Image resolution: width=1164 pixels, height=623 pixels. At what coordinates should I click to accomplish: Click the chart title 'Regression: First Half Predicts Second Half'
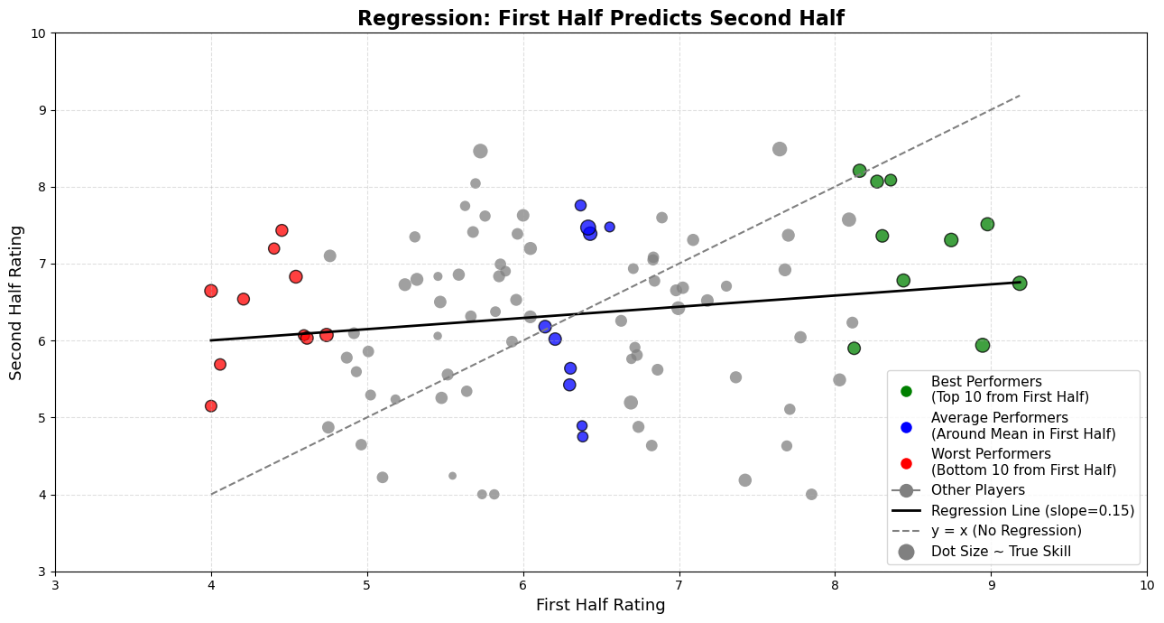(x=600, y=18)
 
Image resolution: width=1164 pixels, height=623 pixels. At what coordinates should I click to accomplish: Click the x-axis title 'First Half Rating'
(x=600, y=605)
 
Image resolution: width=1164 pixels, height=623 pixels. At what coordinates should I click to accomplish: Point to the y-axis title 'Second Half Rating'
(x=16, y=302)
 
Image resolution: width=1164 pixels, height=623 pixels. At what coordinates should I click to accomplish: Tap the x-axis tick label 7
(x=679, y=584)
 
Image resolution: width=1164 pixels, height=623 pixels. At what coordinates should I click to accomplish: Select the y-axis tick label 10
(x=39, y=33)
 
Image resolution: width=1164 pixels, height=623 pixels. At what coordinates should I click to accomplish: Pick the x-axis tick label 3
(x=55, y=584)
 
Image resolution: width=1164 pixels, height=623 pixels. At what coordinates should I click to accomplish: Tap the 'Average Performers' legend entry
(x=1022, y=425)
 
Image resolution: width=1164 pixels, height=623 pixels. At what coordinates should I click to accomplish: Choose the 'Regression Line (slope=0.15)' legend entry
(x=1032, y=510)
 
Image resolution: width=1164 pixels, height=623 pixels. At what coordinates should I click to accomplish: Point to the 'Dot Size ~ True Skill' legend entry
(x=1001, y=551)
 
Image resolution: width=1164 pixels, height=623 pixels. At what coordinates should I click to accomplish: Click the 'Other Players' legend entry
(x=977, y=489)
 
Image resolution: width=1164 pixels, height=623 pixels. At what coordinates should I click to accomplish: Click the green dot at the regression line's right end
(x=1020, y=284)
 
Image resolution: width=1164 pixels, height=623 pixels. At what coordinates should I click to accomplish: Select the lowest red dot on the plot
(x=211, y=406)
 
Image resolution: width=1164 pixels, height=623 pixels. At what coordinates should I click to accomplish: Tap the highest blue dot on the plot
(x=580, y=206)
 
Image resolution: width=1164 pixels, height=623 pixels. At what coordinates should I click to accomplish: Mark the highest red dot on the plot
(x=282, y=231)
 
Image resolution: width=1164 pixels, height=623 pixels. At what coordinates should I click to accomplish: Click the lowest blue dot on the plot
(x=583, y=437)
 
